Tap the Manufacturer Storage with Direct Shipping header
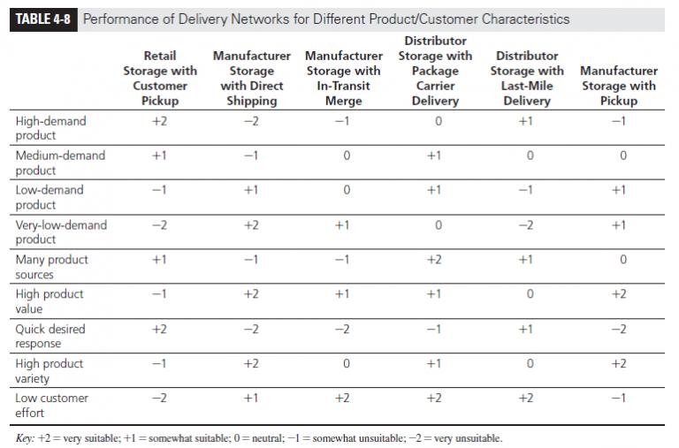tap(251, 78)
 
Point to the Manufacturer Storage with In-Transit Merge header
tap(343, 78)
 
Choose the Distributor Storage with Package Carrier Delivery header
tap(435, 71)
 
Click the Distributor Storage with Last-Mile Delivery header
tap(527, 78)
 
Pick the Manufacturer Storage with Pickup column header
tap(619, 86)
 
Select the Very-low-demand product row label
tap(61, 232)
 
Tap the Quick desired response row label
tap(50, 337)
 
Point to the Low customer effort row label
tap(52, 406)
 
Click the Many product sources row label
tap(52, 267)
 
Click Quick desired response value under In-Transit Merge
tap(343, 329)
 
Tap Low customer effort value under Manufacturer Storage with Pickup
tap(619, 399)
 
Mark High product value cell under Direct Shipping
tap(251, 294)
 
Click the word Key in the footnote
tap(27, 438)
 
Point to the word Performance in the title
tap(126, 19)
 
